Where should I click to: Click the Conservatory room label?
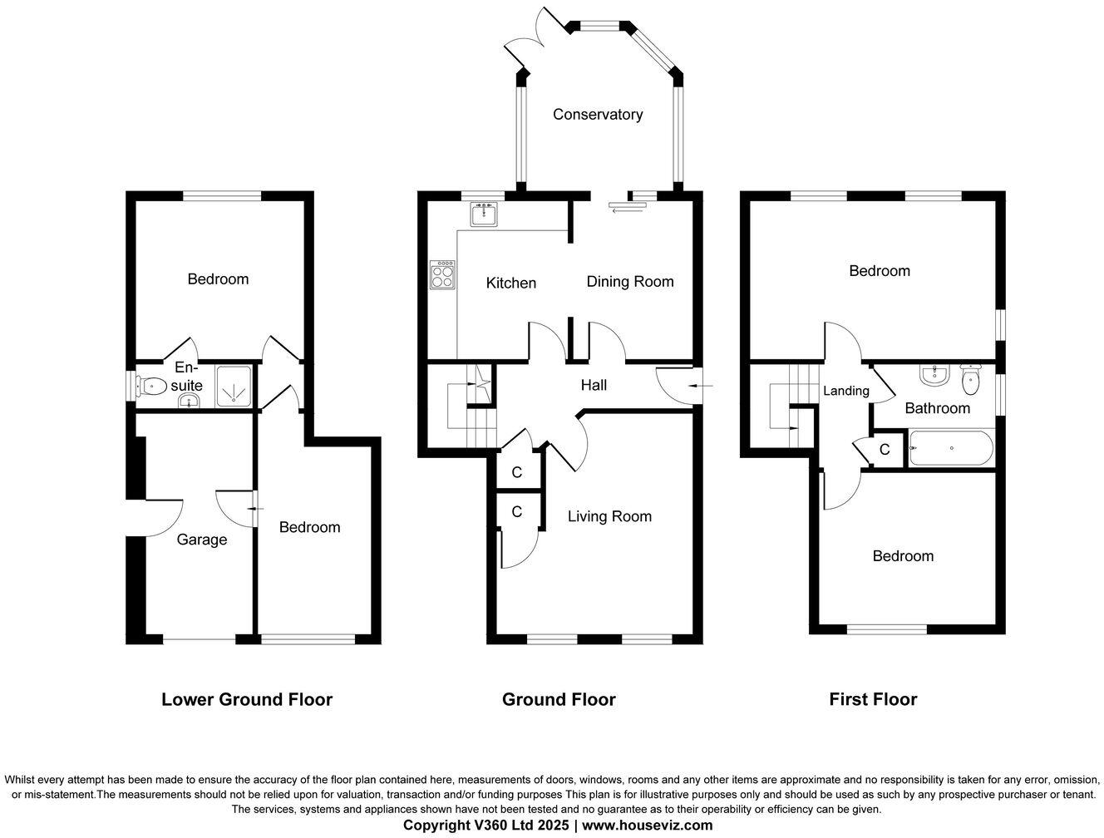pyautogui.click(x=598, y=115)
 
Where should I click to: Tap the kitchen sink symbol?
pyautogui.click(x=483, y=215)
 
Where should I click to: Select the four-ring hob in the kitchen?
pyautogui.click(x=442, y=274)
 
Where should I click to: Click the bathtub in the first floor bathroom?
pyautogui.click(x=951, y=449)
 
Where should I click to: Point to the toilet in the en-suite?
pyautogui.click(x=150, y=386)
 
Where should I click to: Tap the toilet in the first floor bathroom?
pyautogui.click(x=969, y=381)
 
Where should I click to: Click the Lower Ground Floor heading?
pyautogui.click(x=247, y=700)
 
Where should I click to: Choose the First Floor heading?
pyautogui.click(x=873, y=700)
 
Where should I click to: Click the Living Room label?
pyautogui.click(x=609, y=517)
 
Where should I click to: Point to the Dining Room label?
pyautogui.click(x=630, y=282)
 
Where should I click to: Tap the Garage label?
pyautogui.click(x=202, y=540)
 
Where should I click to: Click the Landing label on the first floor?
pyautogui.click(x=846, y=391)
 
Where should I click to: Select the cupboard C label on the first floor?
pyautogui.click(x=885, y=450)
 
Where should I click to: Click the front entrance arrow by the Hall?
pyautogui.click(x=703, y=386)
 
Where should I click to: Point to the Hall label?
pyautogui.click(x=594, y=385)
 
